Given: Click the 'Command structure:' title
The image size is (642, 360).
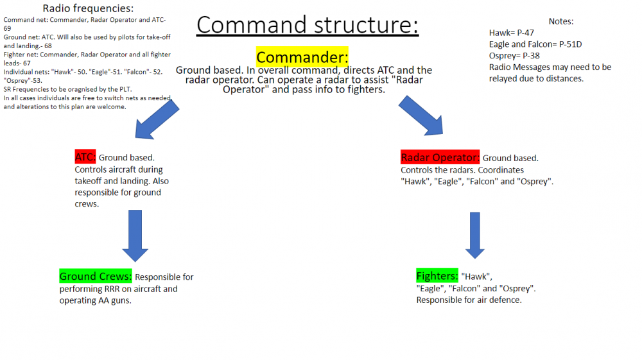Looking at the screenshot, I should coord(308,25).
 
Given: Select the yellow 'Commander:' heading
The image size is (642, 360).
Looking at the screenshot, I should coord(302,57).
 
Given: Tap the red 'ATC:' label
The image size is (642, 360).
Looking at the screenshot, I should coord(85,157).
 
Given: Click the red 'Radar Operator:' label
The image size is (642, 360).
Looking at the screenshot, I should coord(440,158).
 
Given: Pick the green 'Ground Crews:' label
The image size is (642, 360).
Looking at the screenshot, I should coord(96,277).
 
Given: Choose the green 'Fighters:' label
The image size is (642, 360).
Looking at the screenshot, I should coord(437,276).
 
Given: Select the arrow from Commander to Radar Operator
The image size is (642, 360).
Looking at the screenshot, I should coord(422,116).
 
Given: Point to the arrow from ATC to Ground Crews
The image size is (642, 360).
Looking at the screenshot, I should coord(135,234).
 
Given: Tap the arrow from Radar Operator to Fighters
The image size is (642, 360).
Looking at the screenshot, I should coord(474,234).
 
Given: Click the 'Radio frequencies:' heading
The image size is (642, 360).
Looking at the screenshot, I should coord(88,8).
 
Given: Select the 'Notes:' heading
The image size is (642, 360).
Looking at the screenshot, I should coord(561,21).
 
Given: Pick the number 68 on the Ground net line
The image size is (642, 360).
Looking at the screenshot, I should coord(48,46).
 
